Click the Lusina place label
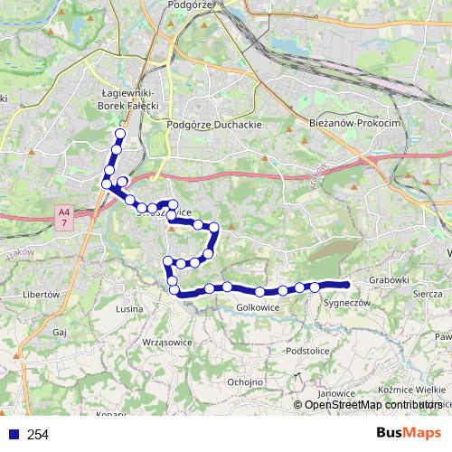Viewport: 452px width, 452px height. coord(131,308)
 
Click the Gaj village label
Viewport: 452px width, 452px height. coord(61,332)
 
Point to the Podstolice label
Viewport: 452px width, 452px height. coord(305,350)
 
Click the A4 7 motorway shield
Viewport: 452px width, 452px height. coord(63,217)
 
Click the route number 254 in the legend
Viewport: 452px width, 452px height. coord(38,435)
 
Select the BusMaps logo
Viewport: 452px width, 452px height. coord(408,433)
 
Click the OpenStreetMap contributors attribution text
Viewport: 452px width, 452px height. coord(372,405)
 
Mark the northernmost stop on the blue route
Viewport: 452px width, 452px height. coord(118,135)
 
